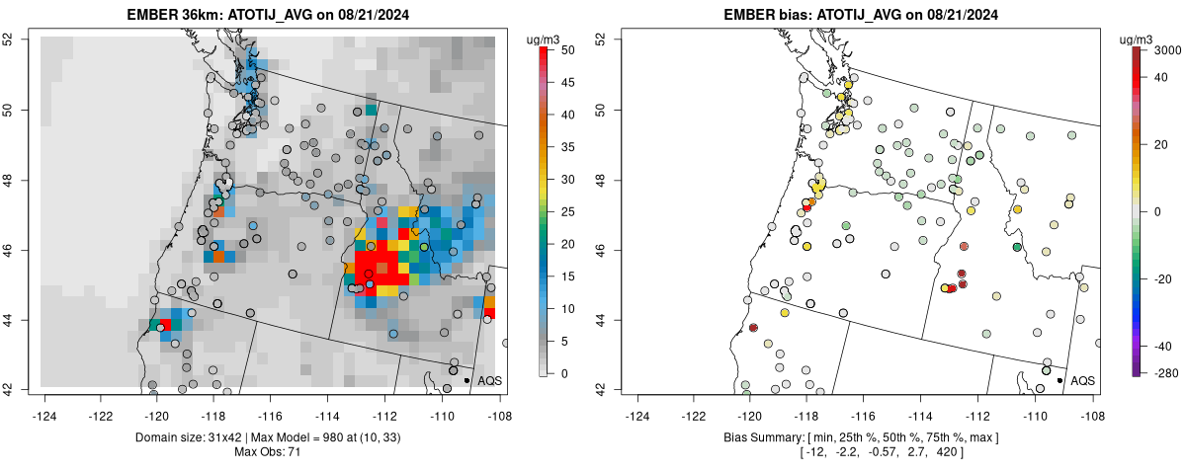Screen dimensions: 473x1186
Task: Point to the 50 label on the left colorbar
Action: tap(563, 49)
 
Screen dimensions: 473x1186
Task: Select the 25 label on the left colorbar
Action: tap(563, 211)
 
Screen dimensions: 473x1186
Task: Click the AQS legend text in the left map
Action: tap(489, 380)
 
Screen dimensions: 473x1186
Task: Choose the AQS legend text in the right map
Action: tap(1083, 380)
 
